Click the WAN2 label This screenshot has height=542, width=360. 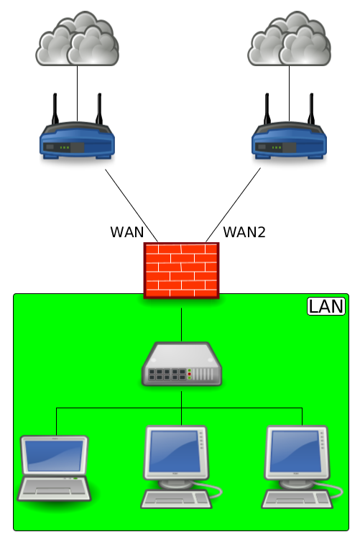[x=244, y=232]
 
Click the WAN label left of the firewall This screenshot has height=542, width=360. [x=126, y=232]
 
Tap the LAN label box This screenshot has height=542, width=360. [x=326, y=306]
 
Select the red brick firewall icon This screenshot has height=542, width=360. [x=181, y=270]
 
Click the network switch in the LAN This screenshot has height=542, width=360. [x=181, y=364]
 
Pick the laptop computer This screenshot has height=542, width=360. [x=54, y=468]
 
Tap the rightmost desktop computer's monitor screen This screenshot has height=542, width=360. [x=296, y=451]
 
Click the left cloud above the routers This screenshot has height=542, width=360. [x=78, y=39]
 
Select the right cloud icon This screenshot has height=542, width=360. [x=289, y=39]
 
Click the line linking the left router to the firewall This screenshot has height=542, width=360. [x=131, y=206]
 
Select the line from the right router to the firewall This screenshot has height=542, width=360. [x=234, y=205]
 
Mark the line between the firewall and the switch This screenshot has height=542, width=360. [x=181, y=325]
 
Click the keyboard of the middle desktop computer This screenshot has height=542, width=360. [x=177, y=499]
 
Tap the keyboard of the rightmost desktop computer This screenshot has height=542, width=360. [x=297, y=499]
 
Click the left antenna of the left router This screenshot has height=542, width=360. [x=55, y=109]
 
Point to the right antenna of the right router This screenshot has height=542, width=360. [x=311, y=109]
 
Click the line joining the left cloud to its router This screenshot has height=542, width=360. [x=77, y=93]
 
